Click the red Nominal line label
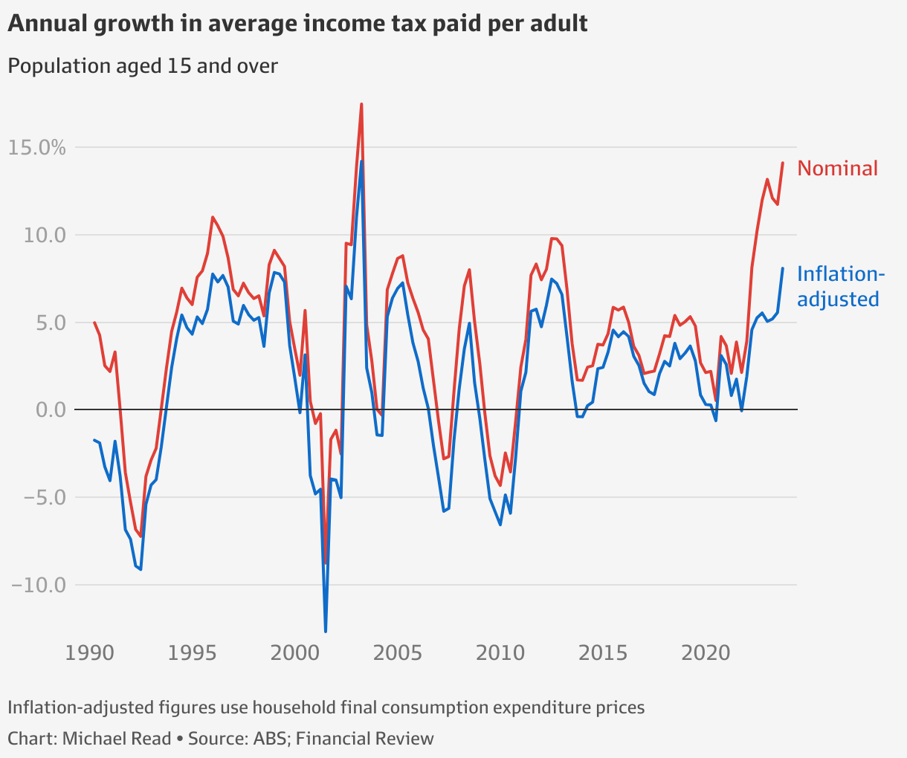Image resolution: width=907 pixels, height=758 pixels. tap(837, 169)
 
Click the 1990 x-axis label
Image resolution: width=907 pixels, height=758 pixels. tap(89, 654)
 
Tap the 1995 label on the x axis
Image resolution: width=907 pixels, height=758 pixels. tap(192, 654)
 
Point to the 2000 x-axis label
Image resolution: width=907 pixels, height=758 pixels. tap(294, 654)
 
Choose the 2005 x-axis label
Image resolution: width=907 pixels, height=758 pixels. tap(397, 654)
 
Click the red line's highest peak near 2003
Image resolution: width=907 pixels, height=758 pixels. tap(361, 104)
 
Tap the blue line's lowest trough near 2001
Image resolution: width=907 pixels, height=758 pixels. tap(326, 631)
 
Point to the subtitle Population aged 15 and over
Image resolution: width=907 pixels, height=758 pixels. tap(143, 66)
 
